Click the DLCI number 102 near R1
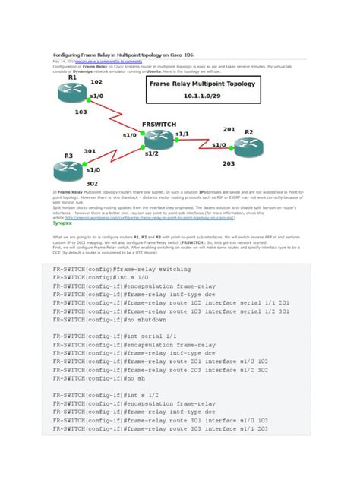coord(96,81)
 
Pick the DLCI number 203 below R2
coord(229,163)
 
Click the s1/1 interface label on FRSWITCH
coord(182,134)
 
